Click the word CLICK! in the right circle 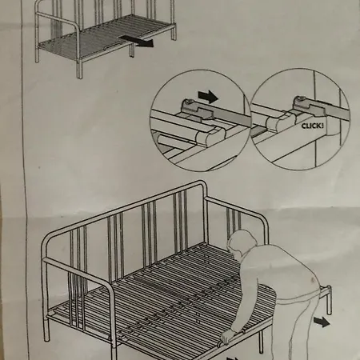313,126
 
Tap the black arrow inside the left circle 208,96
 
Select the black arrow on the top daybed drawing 137,41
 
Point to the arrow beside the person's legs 322,322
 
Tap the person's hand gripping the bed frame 227,337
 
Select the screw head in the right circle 300,99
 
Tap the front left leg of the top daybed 79,70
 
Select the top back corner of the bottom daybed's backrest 203,183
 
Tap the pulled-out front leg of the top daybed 132,50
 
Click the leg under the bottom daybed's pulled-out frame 261,342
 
